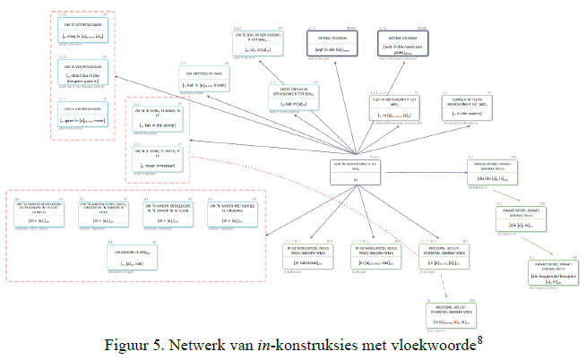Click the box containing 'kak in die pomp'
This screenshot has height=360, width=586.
tap(157, 117)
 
